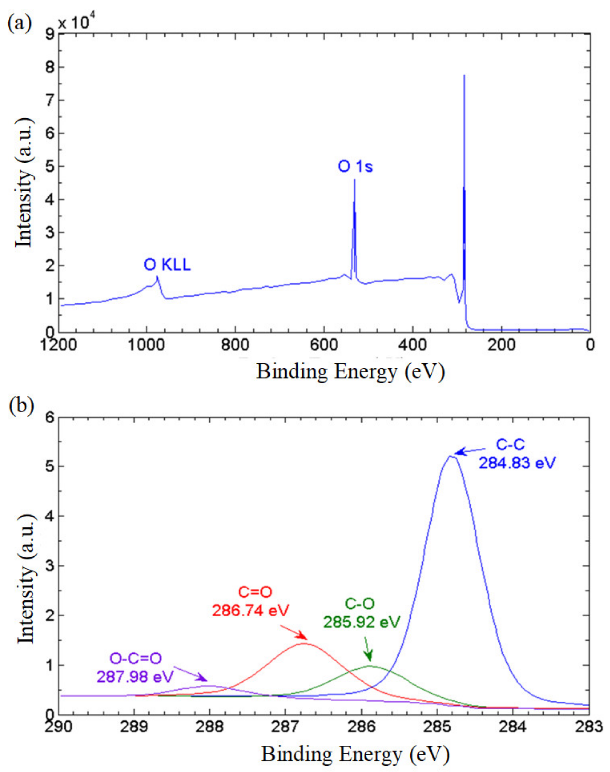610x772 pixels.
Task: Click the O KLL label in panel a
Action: click(x=167, y=265)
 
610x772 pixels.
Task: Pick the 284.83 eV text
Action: click(x=517, y=464)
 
